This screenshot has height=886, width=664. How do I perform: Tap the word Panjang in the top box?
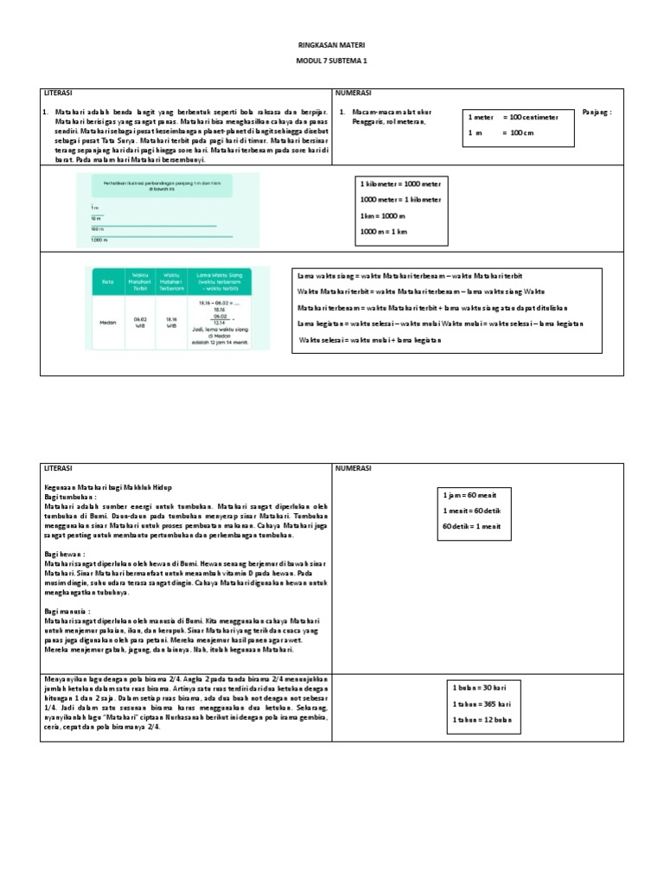point(597,112)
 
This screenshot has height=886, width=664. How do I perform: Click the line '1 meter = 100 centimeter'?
point(514,117)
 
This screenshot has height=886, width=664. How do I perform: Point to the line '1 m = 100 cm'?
point(502,132)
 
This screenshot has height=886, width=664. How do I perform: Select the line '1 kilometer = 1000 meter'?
point(400,183)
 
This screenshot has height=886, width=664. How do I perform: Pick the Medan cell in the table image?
point(108,321)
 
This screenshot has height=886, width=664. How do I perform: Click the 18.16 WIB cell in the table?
point(171,323)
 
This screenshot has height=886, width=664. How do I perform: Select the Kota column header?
point(109,279)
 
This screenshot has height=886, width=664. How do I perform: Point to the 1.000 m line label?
point(99,240)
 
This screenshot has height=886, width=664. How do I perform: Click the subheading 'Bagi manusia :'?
point(68,611)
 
